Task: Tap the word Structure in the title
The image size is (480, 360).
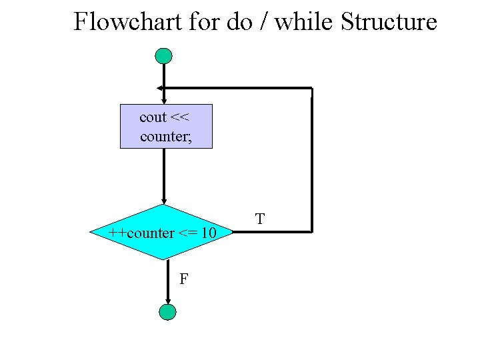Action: [389, 22]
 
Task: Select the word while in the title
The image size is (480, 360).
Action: [305, 22]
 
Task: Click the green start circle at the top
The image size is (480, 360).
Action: [163, 56]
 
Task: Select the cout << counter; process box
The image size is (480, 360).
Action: [166, 126]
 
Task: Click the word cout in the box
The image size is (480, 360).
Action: [153, 117]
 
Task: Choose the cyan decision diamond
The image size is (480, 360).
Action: [163, 232]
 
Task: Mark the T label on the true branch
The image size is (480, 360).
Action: [260, 218]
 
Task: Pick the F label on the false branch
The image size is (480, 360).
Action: [183, 279]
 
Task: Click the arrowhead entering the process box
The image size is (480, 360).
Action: [164, 101]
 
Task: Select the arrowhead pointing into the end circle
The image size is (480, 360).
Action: [168, 301]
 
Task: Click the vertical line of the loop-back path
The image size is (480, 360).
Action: [311, 160]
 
